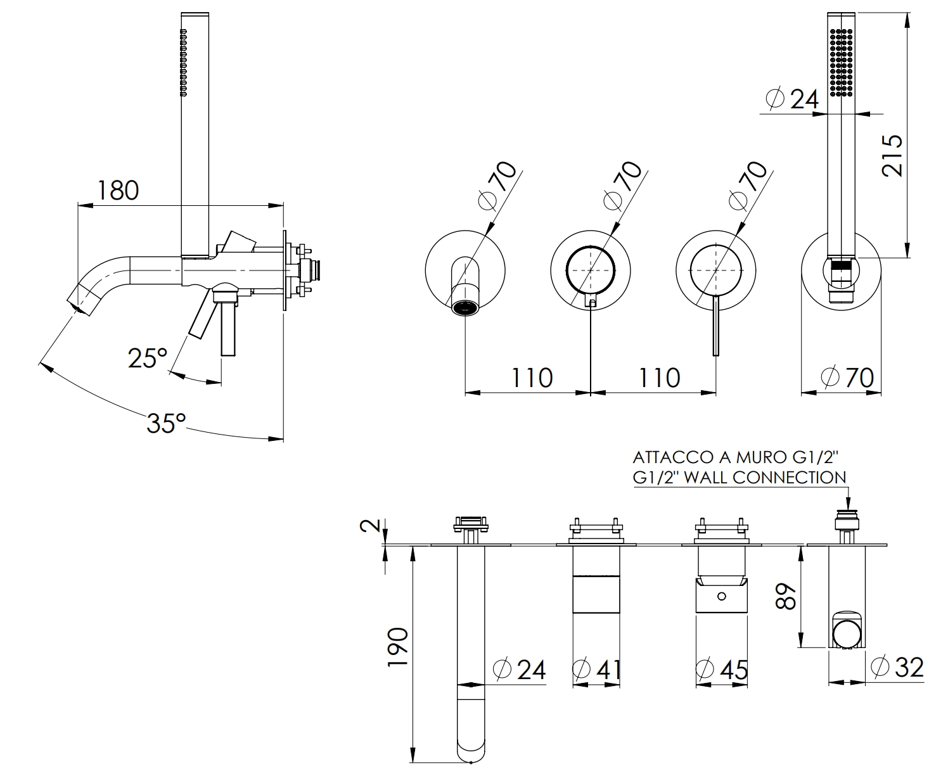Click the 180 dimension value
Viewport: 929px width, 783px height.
(118, 189)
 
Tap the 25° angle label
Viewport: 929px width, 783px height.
(147, 359)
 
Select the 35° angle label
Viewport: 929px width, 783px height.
(166, 423)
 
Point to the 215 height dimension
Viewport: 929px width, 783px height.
(893, 155)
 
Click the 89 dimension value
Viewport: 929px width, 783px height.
(786, 596)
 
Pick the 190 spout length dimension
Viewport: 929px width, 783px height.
(397, 647)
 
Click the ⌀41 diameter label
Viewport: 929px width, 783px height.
(596, 669)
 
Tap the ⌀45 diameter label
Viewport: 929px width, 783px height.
(722, 669)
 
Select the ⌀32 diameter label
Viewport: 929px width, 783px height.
(897, 666)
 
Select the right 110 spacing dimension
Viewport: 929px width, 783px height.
(659, 378)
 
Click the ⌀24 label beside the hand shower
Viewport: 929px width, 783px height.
(792, 98)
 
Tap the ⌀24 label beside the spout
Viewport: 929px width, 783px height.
(519, 669)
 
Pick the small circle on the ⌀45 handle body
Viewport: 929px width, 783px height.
(721, 596)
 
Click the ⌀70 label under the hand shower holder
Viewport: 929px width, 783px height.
(847, 378)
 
